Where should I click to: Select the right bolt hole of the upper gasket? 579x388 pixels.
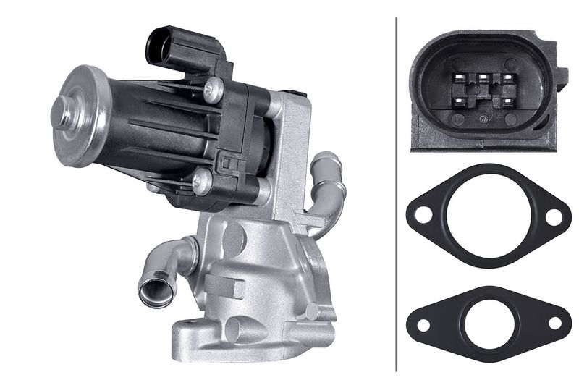554,215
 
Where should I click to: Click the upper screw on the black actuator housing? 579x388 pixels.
211,89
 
